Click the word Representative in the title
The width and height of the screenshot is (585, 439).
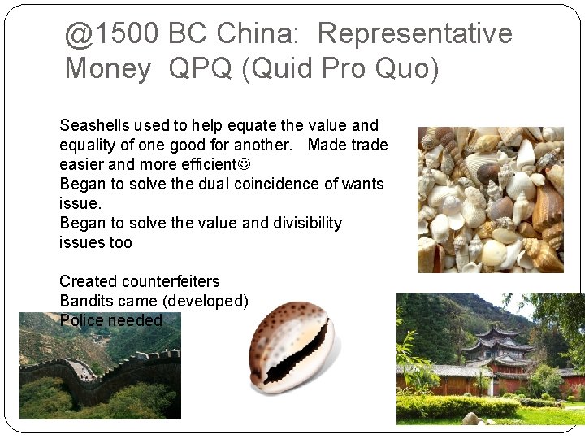click(415, 33)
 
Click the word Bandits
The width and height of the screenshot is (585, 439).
click(85, 301)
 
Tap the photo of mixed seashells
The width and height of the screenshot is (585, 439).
click(490, 199)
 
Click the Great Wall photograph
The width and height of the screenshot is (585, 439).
click(99, 366)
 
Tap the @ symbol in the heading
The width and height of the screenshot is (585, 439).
click(79, 34)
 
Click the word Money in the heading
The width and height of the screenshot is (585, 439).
click(107, 68)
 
